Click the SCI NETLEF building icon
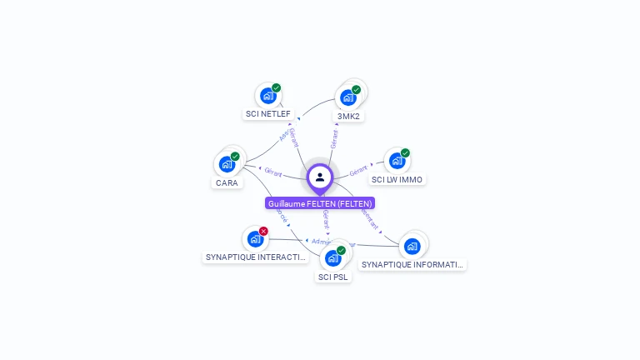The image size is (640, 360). tap(267, 96)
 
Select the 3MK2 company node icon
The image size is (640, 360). tap(347, 97)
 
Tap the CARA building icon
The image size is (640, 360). tap(227, 164)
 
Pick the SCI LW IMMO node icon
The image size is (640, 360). tap(397, 161)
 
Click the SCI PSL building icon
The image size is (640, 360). tap(332, 258)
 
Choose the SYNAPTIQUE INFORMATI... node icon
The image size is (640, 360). tap(412, 247)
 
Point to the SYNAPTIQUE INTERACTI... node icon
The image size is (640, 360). tap(255, 239)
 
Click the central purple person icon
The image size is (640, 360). tap(320, 177)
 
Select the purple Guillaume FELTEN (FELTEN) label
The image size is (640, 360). tap(320, 203)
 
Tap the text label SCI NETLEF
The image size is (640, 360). tap(267, 113)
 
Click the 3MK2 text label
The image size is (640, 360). tap(348, 116)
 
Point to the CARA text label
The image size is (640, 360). tap(227, 182)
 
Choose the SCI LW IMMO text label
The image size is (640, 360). tap(397, 179)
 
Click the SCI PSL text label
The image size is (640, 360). tap(333, 277)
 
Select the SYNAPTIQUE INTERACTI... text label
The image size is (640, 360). tap(256, 257)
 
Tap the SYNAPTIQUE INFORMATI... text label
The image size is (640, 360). tap(412, 264)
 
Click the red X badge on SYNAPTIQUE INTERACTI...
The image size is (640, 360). tap(264, 231)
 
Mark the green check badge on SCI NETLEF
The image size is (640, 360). tap(277, 87)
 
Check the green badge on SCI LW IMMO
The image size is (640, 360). tap(406, 152)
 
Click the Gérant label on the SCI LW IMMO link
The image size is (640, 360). tap(358, 170)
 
